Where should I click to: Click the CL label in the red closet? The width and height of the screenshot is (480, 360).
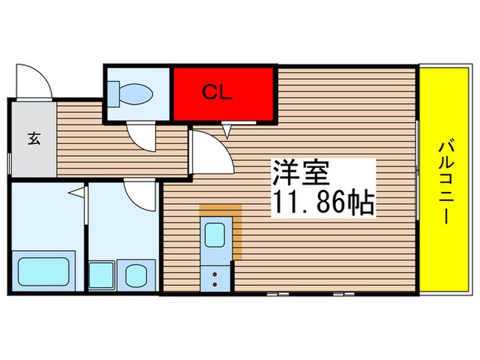(x=217, y=93)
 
